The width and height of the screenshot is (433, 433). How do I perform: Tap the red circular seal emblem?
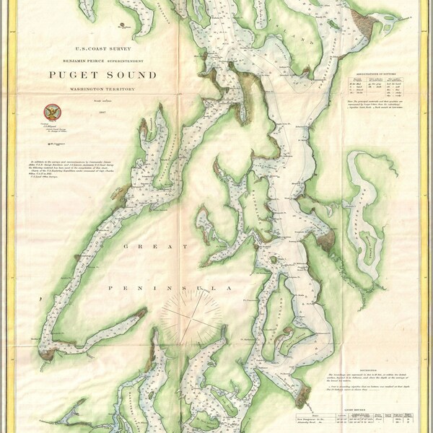point(51,111)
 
